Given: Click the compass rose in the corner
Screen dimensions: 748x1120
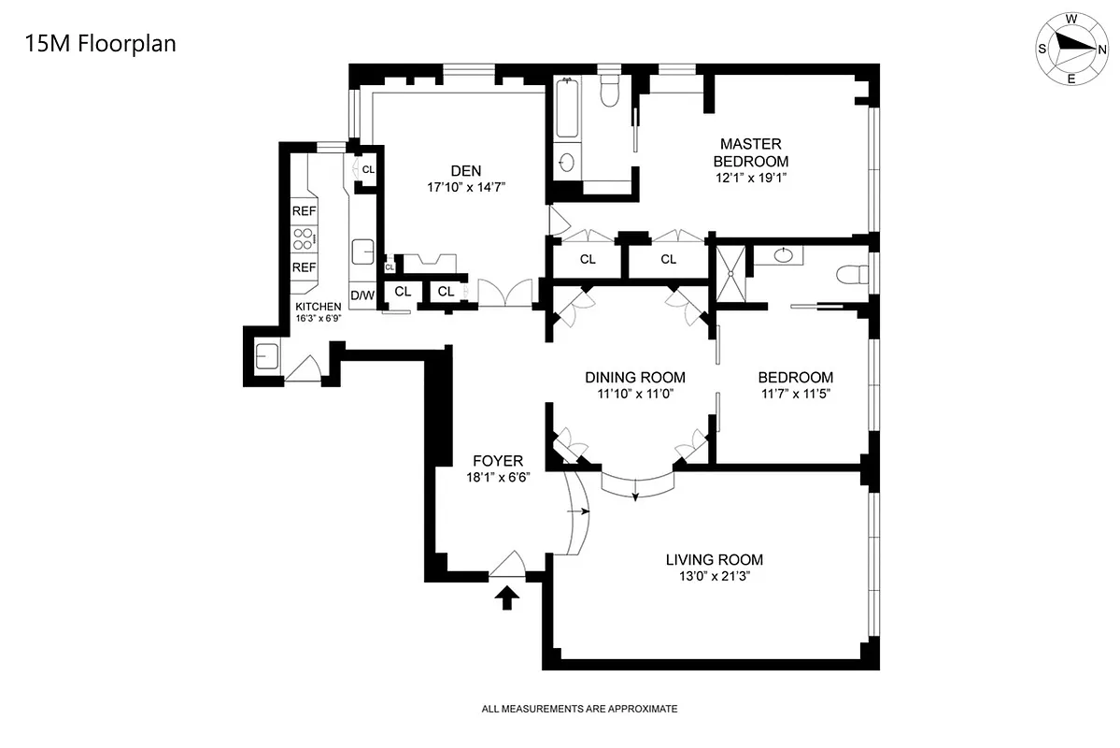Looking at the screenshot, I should coord(1070,49).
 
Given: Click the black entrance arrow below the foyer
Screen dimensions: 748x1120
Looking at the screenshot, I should coord(507,597).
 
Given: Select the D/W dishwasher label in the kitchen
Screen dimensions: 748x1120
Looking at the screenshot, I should coord(362,295).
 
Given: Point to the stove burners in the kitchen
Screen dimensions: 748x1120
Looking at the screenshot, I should coord(304,239).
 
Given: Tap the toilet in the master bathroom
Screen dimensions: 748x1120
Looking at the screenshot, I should coord(609,93).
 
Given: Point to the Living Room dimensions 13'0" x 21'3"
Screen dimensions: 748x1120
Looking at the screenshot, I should coord(714,577).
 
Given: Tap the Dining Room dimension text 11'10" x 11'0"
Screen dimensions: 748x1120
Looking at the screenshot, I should coord(635,394).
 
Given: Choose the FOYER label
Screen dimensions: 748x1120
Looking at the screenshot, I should coord(497,461).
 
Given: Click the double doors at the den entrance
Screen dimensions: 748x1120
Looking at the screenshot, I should coord(504,294).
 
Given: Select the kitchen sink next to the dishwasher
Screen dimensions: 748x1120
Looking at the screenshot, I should coord(362,252).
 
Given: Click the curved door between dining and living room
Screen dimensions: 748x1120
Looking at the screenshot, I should coord(636,484).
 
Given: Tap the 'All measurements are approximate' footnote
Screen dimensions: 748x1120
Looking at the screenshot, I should coord(579,710).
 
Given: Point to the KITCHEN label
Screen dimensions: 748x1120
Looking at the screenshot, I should coord(319,307).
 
